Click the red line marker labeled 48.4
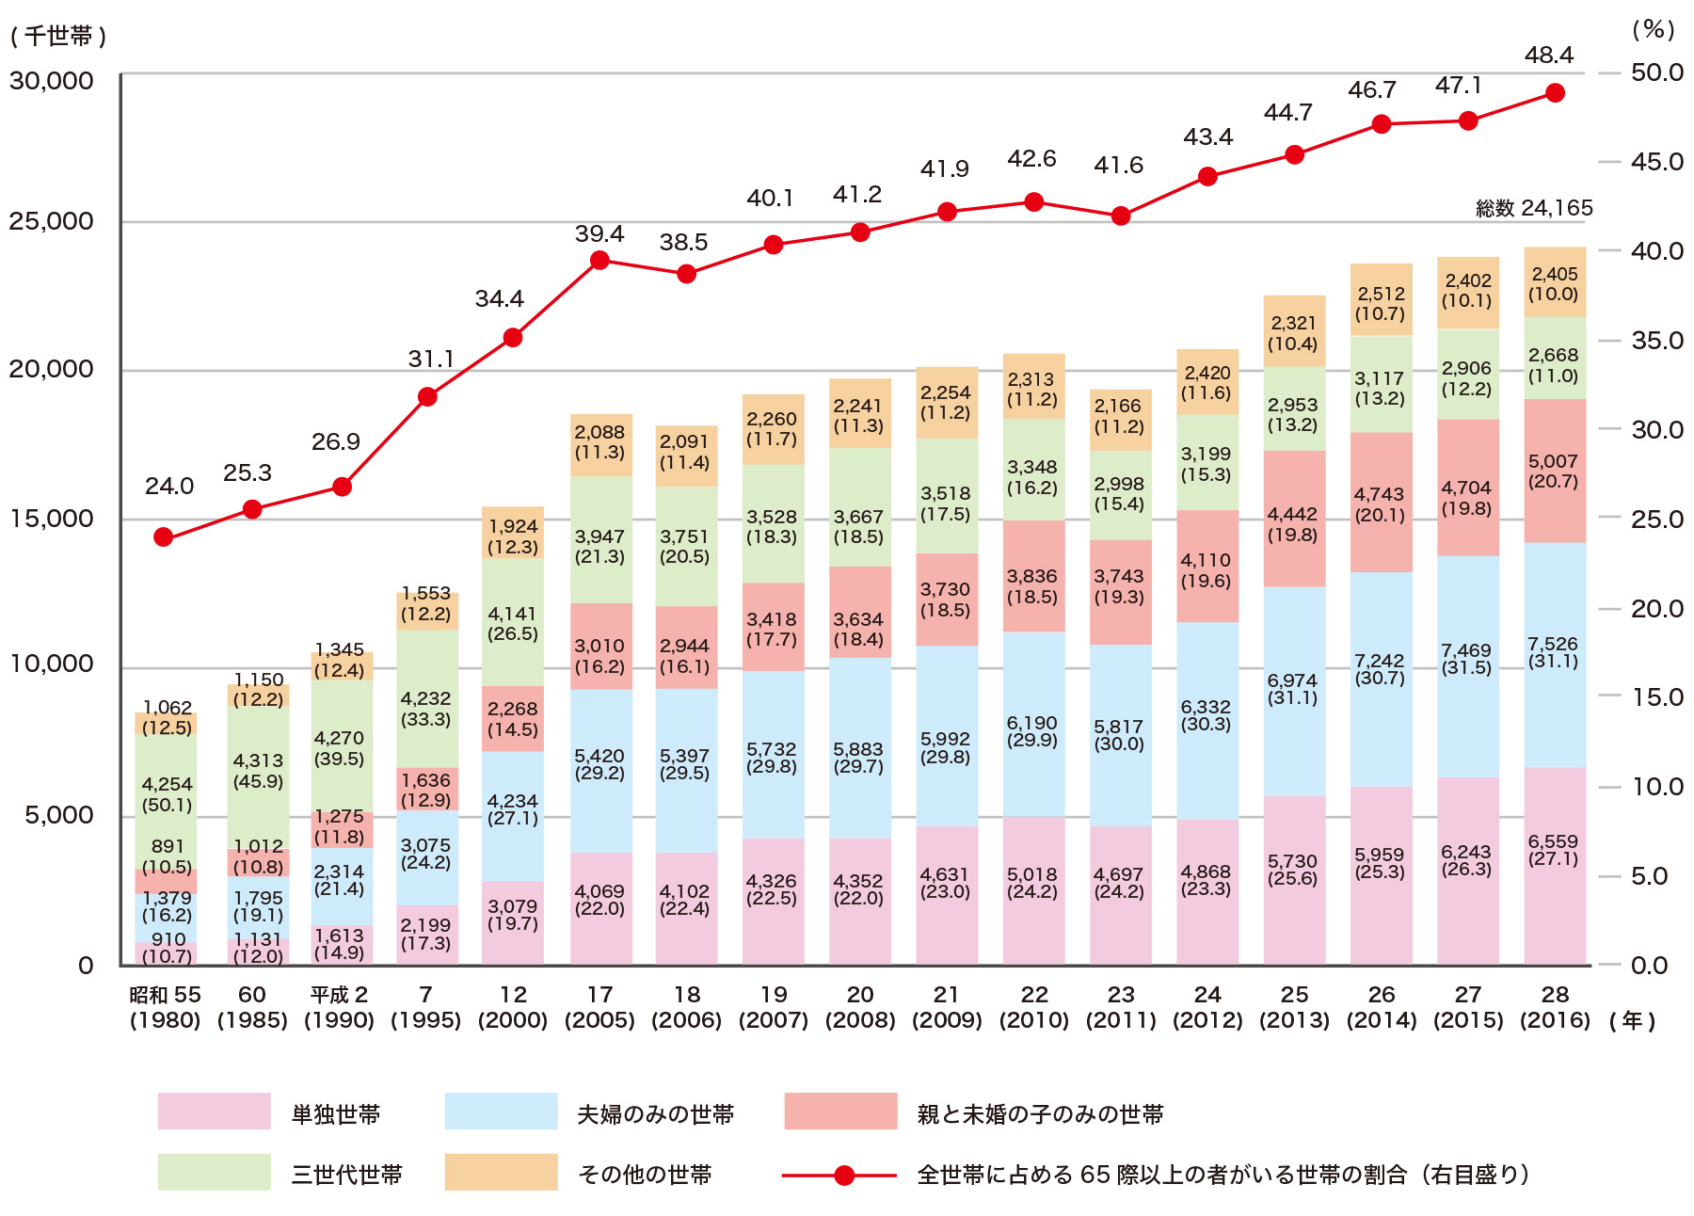click(1555, 93)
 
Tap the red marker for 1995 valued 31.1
click(427, 397)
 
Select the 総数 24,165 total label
click(1534, 208)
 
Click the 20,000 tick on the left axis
click(52, 369)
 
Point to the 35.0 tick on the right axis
click(1656, 341)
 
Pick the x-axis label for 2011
click(1121, 1007)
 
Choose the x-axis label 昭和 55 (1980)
click(166, 1007)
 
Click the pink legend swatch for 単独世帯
click(214, 1111)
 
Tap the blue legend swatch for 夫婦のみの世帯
click(501, 1111)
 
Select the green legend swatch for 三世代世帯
click(214, 1172)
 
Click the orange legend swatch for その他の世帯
click(501, 1172)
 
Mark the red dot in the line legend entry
click(844, 1176)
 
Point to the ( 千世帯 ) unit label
click(58, 36)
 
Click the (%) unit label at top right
click(1653, 30)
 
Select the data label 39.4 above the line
click(599, 233)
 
